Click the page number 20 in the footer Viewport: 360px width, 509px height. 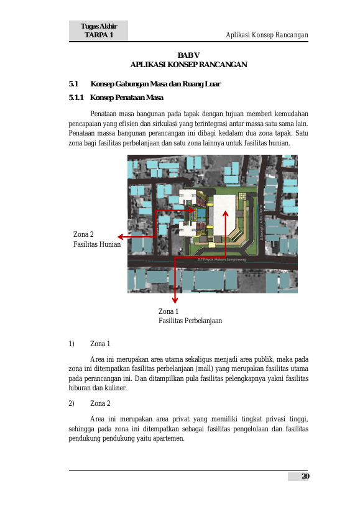[305, 476]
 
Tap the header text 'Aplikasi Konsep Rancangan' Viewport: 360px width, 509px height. [267, 35]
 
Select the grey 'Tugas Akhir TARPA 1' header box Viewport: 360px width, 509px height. [98, 30]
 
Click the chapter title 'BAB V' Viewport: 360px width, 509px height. [188, 55]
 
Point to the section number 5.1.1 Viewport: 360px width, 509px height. [76, 98]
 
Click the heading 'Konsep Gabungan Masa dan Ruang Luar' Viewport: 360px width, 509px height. [155, 84]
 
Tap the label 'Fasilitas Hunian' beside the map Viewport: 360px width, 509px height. [97, 244]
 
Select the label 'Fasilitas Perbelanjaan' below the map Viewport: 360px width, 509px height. [190, 321]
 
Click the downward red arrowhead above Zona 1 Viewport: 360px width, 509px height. [175, 300]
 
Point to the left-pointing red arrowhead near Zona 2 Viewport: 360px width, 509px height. [121, 237]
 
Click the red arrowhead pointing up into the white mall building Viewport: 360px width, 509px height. [225, 213]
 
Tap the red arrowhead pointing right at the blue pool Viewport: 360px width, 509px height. [192, 210]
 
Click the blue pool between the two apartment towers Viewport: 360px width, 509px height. [201, 213]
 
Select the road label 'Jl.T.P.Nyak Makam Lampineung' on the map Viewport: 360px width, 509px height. [222, 259]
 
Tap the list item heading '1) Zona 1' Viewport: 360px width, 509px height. [90, 344]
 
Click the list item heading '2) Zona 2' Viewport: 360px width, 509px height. [90, 403]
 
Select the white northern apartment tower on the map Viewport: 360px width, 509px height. [188, 196]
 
